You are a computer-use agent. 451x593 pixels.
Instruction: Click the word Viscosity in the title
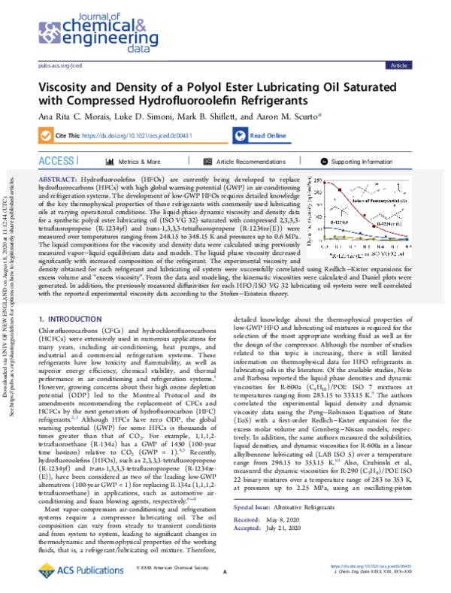pos(71,86)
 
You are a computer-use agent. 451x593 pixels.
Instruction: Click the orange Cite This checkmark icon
pos(44,136)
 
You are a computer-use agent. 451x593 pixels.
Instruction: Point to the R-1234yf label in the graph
pos(341,223)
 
